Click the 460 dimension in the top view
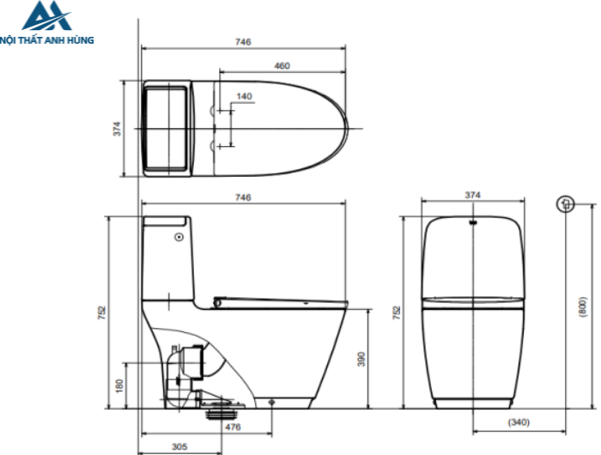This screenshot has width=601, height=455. pyautogui.click(x=282, y=65)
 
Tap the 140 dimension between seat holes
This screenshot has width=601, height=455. pyautogui.click(x=245, y=96)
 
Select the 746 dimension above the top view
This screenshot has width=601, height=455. pyautogui.click(x=243, y=41)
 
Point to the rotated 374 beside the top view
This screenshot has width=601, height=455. pyautogui.click(x=118, y=128)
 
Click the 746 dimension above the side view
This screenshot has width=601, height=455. pyautogui.click(x=243, y=197)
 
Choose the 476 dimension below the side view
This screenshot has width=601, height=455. pyautogui.click(x=233, y=427)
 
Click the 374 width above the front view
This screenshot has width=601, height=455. pyautogui.click(x=472, y=196)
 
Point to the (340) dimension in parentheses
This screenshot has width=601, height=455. pyautogui.click(x=519, y=422)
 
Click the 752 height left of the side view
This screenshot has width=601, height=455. pyautogui.click(x=101, y=312)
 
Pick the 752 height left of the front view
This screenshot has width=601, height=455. pyautogui.click(x=397, y=312)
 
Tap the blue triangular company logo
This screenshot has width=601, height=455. pyautogui.click(x=40, y=17)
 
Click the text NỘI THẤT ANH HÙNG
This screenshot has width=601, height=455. pyautogui.click(x=47, y=39)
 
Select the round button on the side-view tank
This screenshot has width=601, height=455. pyautogui.click(x=178, y=236)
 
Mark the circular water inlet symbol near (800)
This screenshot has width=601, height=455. pyautogui.click(x=564, y=204)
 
